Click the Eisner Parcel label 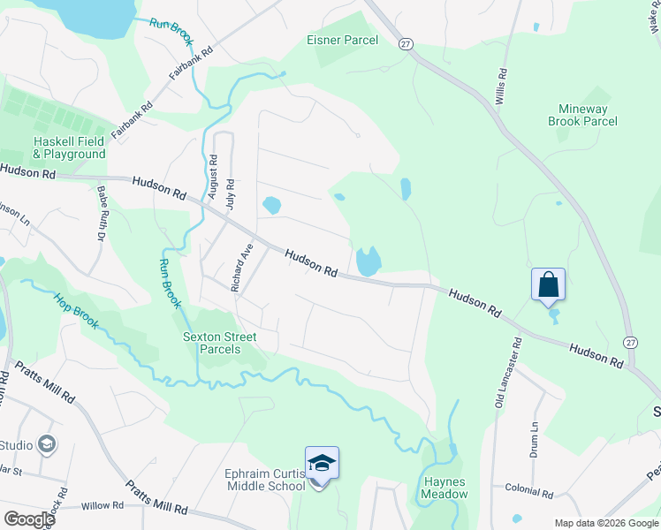(x=342, y=40)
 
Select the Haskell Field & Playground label (x=69, y=148)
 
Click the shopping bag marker (x=548, y=285)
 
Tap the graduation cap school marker (x=322, y=463)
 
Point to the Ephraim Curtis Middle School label (x=265, y=480)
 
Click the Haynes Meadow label (x=444, y=488)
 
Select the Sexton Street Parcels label (x=219, y=343)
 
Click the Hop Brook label (x=75, y=311)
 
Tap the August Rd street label (x=213, y=177)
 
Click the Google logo (x=28, y=519)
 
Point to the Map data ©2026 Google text (x=606, y=523)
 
